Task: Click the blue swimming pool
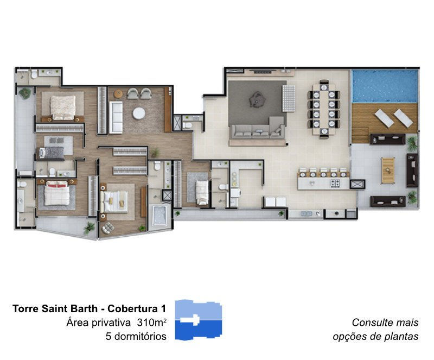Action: coord(385,86)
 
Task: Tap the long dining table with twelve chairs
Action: coord(323,109)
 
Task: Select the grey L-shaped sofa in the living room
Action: coord(258,128)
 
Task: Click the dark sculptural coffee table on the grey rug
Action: coord(257,99)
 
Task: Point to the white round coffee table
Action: coord(139,113)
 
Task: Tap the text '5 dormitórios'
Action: coord(136,336)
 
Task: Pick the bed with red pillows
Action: coord(57,193)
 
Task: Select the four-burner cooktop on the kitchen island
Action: coord(335,182)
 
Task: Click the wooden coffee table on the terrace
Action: coord(388,170)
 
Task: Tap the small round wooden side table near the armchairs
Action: coord(118,94)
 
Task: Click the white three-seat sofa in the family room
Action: coord(116,117)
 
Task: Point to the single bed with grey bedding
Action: coord(52,153)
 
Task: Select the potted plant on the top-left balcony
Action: coord(25,93)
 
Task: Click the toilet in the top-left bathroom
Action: coord(34,74)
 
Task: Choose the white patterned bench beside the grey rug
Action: coord(289,98)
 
